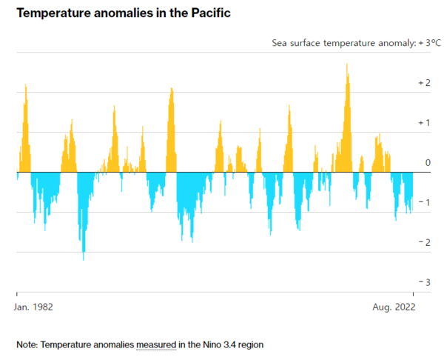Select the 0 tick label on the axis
pyautogui.click(x=427, y=162)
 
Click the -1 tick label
pyautogui.click(x=424, y=202)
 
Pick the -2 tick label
pyautogui.click(x=424, y=242)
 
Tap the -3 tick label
pyautogui.click(x=424, y=282)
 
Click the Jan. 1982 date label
pyautogui.click(x=35, y=305)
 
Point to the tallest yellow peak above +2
pyautogui.click(x=346, y=65)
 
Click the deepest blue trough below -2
pyautogui.click(x=83, y=258)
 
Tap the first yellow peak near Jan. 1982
pyautogui.click(x=26, y=86)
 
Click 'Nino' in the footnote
pyautogui.click(x=212, y=344)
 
